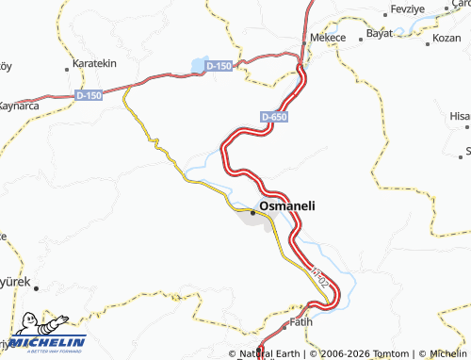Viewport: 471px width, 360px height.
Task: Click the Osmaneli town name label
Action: pyautogui.click(x=288, y=205)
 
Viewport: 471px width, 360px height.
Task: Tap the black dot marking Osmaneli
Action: pyautogui.click(x=252, y=211)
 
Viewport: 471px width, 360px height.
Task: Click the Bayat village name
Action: pyautogui.click(x=380, y=33)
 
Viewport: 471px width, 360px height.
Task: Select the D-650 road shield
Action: pyautogui.click(x=273, y=117)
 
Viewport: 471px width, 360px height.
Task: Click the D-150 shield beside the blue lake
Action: pyautogui.click(x=218, y=65)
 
